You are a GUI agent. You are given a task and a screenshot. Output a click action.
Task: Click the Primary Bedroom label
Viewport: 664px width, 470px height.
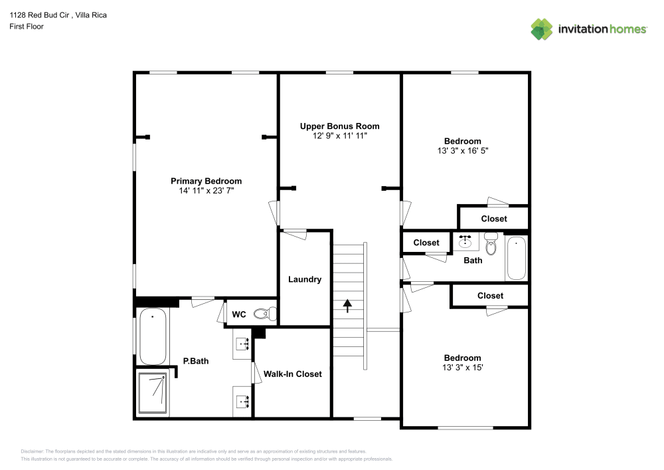click(x=206, y=181)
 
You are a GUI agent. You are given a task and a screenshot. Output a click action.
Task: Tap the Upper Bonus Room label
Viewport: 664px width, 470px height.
click(x=339, y=126)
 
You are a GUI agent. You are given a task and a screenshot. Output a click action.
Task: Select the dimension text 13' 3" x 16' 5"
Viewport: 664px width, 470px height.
click(x=462, y=151)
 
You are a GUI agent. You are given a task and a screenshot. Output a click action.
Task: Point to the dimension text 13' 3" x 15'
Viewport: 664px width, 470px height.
click(x=462, y=368)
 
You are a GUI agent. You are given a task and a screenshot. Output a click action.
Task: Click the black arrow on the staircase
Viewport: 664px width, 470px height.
click(x=347, y=305)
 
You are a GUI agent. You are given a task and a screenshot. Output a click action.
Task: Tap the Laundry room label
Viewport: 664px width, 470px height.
click(x=304, y=279)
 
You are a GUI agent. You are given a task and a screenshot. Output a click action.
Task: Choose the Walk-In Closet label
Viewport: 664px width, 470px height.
click(x=292, y=374)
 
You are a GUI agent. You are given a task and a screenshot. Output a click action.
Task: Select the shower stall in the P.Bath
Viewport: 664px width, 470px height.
click(x=153, y=392)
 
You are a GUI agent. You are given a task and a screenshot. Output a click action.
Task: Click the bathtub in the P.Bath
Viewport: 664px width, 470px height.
click(x=153, y=336)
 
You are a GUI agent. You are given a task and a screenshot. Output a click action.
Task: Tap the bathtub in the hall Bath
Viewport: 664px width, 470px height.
click(x=516, y=259)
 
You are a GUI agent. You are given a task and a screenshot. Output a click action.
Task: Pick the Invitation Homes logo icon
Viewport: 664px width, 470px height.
click(x=542, y=29)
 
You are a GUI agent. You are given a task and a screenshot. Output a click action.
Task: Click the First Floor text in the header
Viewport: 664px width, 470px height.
click(x=27, y=27)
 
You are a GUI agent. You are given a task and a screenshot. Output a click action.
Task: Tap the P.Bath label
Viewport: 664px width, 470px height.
click(x=196, y=362)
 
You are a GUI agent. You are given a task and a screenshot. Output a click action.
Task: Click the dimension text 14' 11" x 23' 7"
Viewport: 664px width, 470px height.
click(x=206, y=191)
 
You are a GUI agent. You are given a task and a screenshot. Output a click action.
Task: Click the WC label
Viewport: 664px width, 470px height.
click(x=239, y=314)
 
